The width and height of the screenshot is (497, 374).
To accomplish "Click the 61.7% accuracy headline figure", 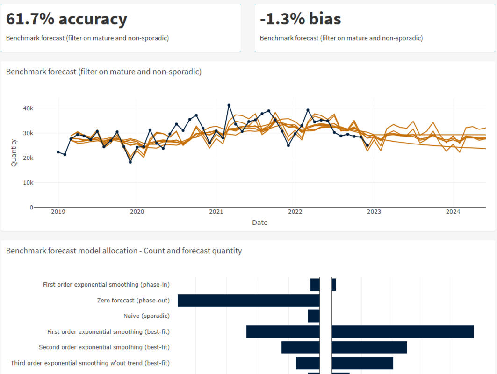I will [x=66, y=19].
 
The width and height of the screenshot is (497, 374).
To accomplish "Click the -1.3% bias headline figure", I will [x=300, y=19].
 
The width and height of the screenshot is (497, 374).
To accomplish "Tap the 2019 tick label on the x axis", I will [x=58, y=212].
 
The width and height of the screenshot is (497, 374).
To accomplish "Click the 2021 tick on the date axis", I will [x=216, y=212].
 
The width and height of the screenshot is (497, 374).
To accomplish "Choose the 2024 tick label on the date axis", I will [x=453, y=212].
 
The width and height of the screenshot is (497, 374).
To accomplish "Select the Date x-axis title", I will [x=259, y=223].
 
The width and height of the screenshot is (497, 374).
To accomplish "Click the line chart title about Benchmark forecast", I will [x=103, y=72].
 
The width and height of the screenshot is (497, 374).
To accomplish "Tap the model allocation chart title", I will [x=124, y=251].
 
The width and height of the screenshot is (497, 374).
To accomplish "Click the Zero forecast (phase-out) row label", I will [x=133, y=301].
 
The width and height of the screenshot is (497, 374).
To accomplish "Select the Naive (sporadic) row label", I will [x=146, y=316].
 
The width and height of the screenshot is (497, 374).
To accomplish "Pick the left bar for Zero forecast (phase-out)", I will [x=248, y=301].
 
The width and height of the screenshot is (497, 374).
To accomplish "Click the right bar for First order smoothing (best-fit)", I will [x=403, y=331].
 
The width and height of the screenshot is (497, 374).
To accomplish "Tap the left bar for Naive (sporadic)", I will [x=313, y=316].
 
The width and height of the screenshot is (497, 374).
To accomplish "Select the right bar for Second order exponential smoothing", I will [x=369, y=347].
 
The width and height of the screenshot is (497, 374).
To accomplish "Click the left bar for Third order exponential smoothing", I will [x=307, y=363].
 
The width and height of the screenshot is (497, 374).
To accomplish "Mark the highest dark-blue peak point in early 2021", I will [x=229, y=105].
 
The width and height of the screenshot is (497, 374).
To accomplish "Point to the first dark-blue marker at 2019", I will [x=58, y=152].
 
